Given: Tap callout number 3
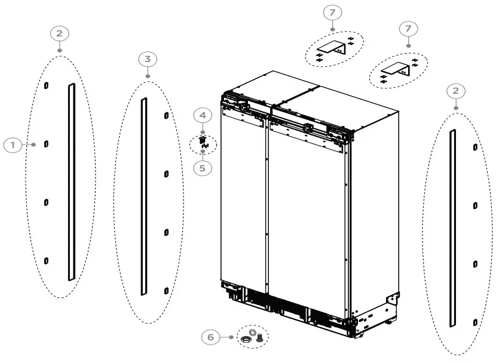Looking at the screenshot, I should [x=148, y=59].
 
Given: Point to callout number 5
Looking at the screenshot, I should [x=202, y=168].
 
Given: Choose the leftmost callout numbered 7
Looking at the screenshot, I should [x=332, y=12].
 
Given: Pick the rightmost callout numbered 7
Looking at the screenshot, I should [x=408, y=28].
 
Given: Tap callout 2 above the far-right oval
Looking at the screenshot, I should [x=456, y=91].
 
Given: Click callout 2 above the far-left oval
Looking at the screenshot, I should [x=59, y=33].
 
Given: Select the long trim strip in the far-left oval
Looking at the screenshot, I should [x=71, y=181].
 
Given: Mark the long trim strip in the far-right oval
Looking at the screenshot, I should [x=452, y=228].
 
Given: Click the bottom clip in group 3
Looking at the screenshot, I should [x=166, y=290].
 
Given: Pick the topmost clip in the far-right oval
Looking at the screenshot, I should [x=474, y=146].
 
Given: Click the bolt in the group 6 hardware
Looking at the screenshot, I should [x=259, y=338].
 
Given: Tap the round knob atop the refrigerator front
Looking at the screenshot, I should [x=307, y=127].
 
